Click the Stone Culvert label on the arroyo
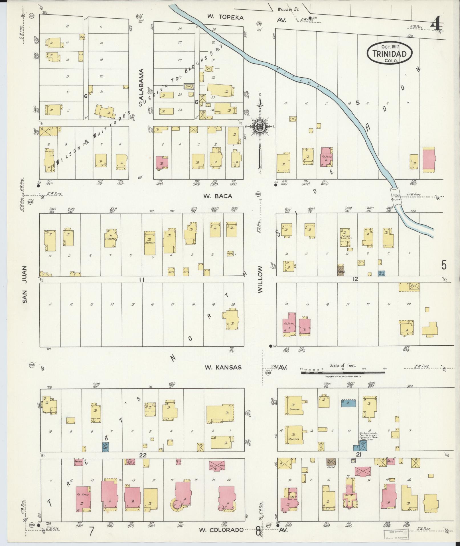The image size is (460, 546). coord(396,197)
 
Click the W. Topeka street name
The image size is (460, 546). coord(225,17)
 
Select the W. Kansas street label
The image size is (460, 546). coord(223,367)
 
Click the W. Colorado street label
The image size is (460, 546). coord(221,530)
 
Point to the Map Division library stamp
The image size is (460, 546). coord(397,535)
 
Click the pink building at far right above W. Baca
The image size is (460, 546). coord(429,159)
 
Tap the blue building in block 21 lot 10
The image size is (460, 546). coord(348,403)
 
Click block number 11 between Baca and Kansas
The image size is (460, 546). coord(142,280)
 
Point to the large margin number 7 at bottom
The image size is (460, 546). coord(91,531)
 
